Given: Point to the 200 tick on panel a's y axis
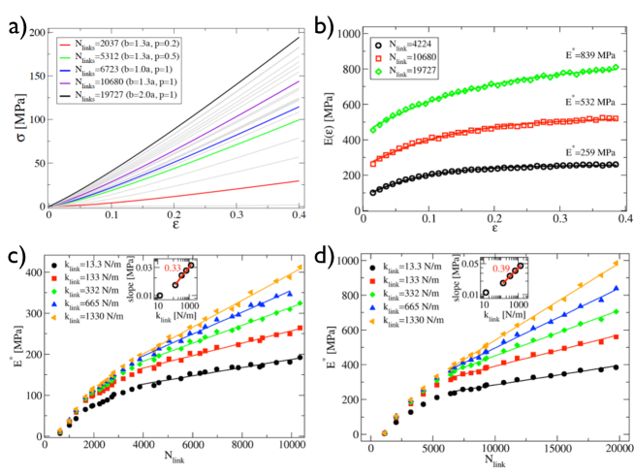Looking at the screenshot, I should [x=36, y=33].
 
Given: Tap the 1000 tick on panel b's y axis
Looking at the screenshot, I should [x=368, y=33].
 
